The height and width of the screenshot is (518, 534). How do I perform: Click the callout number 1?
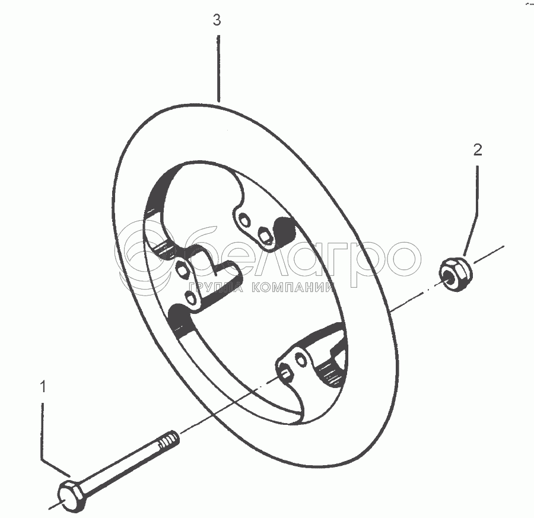pyautogui.click(x=42, y=387)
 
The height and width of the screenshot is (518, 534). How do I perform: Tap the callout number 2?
pyautogui.click(x=478, y=150)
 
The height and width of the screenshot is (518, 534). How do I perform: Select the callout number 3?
pyautogui.click(x=217, y=20)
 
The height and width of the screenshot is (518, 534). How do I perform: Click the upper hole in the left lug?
pyautogui.click(x=182, y=268)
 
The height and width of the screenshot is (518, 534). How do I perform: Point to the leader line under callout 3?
pyautogui.click(x=218, y=68)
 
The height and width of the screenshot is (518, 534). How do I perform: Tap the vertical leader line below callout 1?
pyautogui.click(x=42, y=427)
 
